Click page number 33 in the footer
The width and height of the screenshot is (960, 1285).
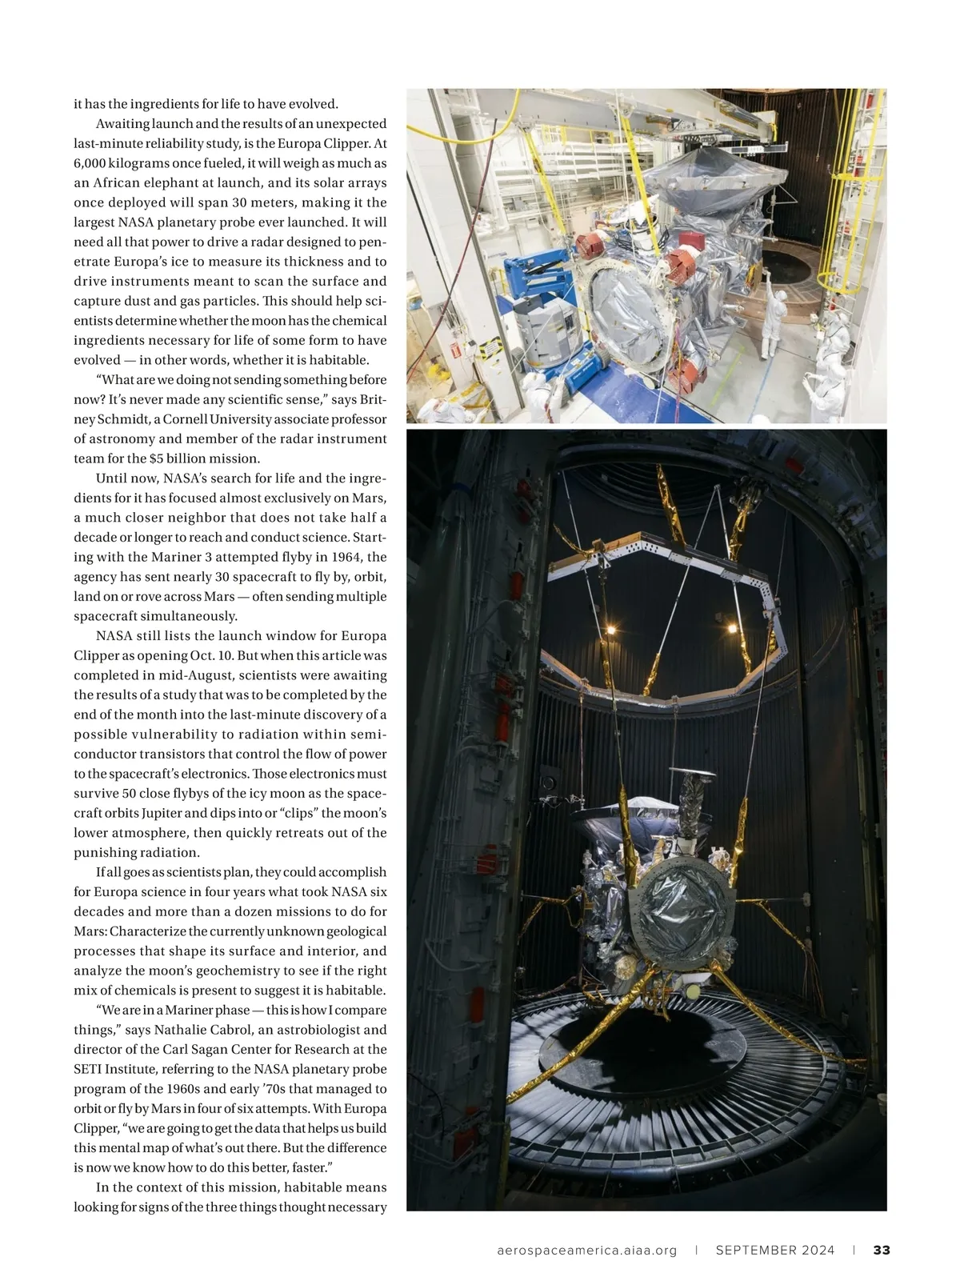[x=882, y=1250]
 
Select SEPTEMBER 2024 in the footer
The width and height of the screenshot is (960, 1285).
[x=775, y=1250]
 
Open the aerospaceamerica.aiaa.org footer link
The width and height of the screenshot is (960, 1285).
[x=587, y=1250]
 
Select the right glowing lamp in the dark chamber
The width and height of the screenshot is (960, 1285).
[x=733, y=630]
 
